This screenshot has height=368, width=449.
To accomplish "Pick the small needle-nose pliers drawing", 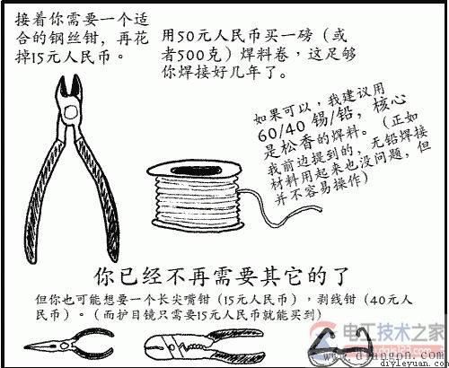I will point(63,346).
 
